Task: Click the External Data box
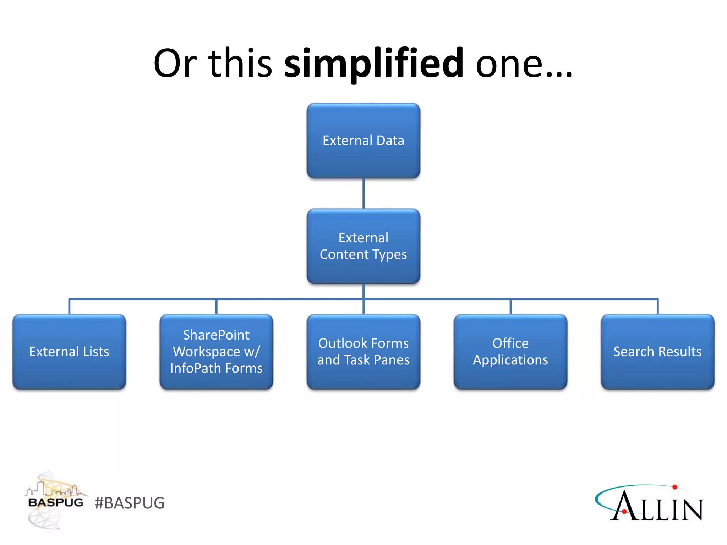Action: [x=363, y=141]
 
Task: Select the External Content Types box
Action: [x=363, y=246]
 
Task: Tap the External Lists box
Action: [x=69, y=352]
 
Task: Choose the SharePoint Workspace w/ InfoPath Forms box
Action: [x=216, y=352]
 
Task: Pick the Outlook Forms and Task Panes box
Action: [x=363, y=352]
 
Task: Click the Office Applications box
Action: [x=510, y=352]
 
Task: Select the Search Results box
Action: [x=657, y=352]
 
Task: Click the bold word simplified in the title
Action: [x=373, y=64]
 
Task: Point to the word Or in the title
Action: [x=175, y=64]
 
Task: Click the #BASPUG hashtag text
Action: [x=130, y=503]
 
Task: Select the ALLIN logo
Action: [x=650, y=504]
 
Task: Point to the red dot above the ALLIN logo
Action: [x=675, y=487]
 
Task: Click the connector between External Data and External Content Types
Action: [x=363, y=193]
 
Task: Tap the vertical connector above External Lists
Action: [x=69, y=307]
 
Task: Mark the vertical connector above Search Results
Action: [x=657, y=307]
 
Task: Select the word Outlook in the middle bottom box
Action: [x=342, y=343]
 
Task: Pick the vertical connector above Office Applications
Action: [x=510, y=307]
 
